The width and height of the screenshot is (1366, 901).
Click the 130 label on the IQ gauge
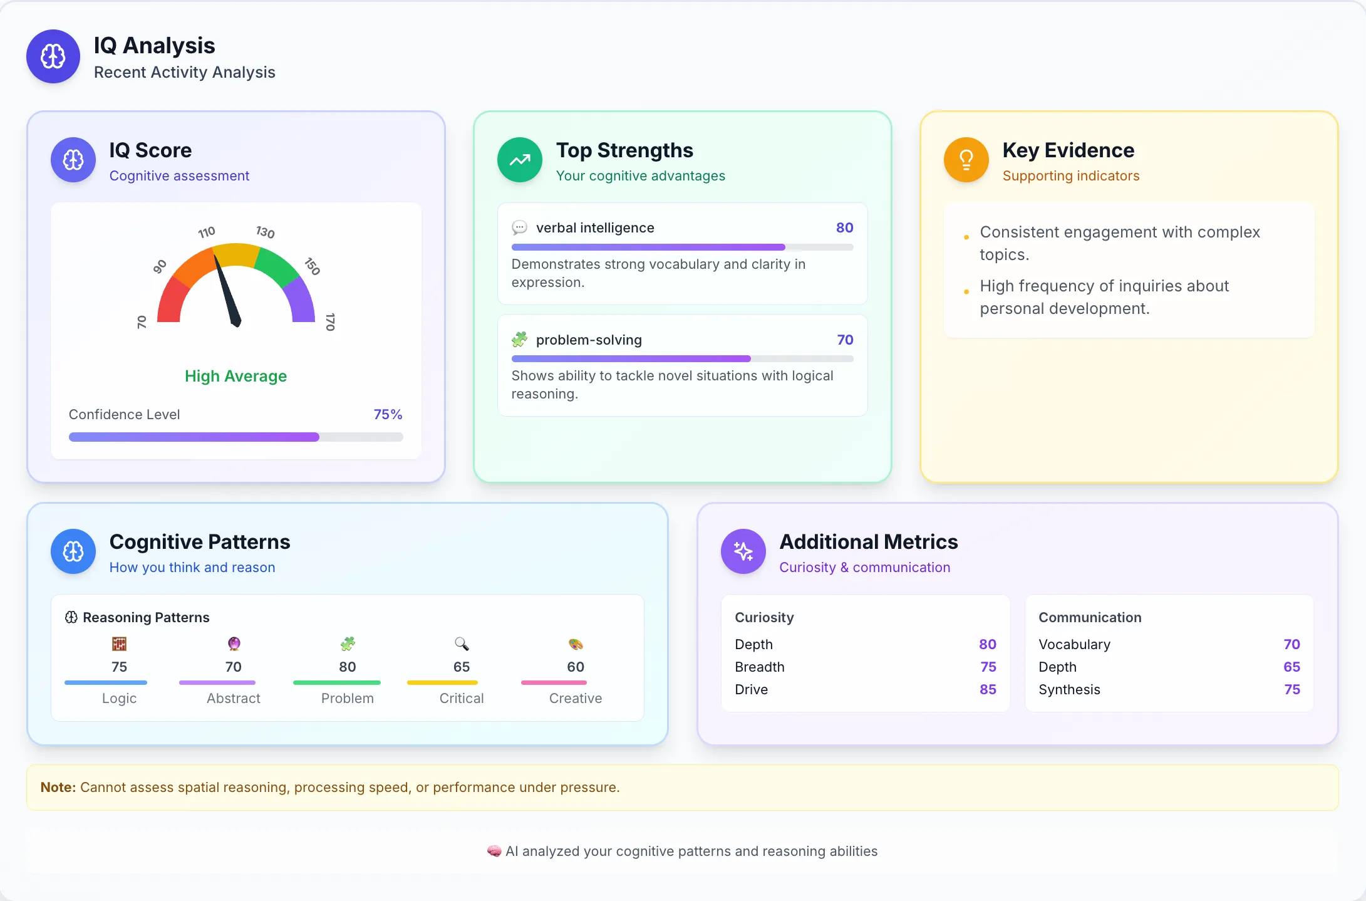coord(266,232)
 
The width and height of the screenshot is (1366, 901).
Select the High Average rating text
coord(235,376)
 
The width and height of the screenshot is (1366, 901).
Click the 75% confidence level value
coord(388,414)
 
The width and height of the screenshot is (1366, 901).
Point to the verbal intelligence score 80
coord(844,227)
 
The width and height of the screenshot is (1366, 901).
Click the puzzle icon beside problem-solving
coord(519,340)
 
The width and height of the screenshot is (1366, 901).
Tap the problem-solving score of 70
coord(845,340)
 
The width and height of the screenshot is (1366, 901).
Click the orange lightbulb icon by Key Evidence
coord(966,160)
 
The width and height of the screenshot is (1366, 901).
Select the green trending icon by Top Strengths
coord(519,160)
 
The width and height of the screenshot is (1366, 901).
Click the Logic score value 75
coord(119,667)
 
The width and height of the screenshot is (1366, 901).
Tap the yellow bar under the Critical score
coord(442,682)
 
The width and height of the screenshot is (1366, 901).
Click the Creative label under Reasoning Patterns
coord(575,698)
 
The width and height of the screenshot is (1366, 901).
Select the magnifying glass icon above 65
coord(462,643)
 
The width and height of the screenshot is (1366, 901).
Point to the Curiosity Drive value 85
coord(988,689)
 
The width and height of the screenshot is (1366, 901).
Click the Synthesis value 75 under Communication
coord(1291,689)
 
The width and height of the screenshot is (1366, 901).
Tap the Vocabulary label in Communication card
coord(1074,644)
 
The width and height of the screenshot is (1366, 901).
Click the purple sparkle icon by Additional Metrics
coord(743,551)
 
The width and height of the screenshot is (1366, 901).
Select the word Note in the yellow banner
coord(58,787)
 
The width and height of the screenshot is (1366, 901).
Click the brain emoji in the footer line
coord(494,851)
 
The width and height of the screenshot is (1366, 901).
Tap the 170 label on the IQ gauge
coord(330,321)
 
